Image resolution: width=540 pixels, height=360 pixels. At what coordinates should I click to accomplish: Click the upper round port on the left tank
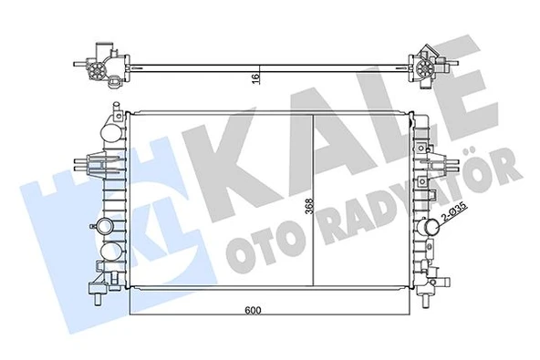(x=108, y=225)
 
